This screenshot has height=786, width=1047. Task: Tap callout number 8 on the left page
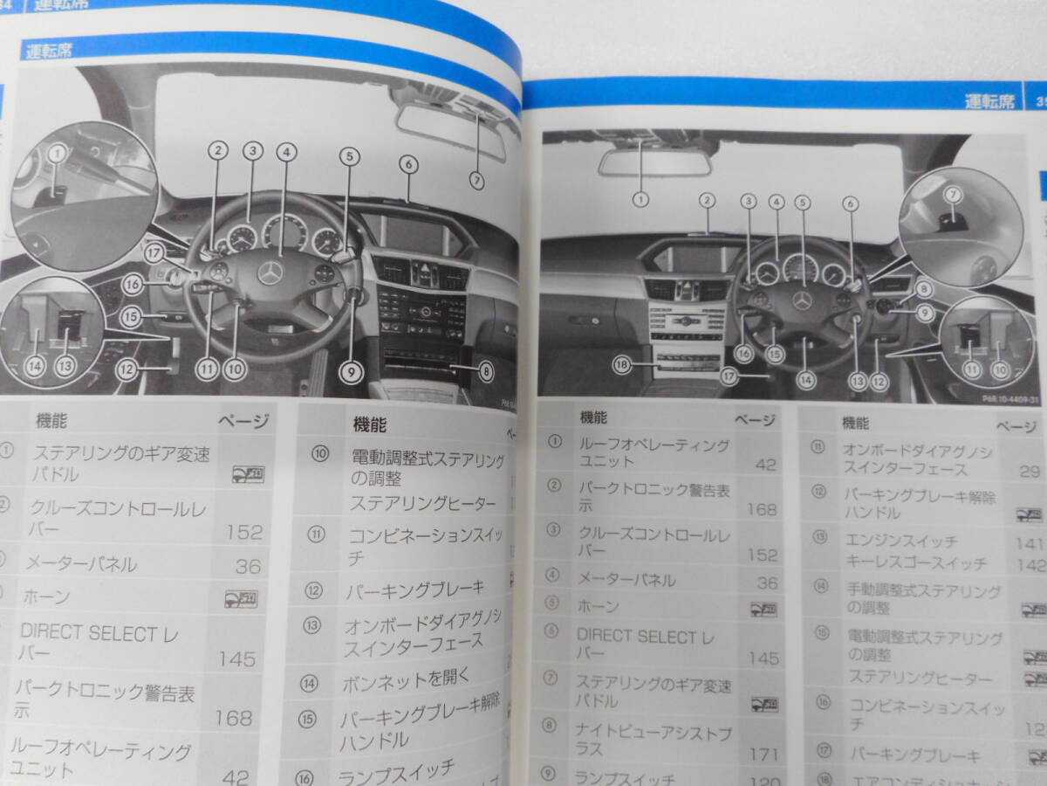485,371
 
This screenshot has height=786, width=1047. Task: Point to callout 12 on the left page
127,369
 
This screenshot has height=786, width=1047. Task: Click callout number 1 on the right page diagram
641,199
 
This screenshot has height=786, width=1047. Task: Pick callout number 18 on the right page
621,366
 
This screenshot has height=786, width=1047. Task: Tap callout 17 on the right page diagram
729,376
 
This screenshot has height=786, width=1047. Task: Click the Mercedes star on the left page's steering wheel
270,273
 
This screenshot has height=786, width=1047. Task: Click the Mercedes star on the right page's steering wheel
802,300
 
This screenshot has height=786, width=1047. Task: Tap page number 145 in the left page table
237,658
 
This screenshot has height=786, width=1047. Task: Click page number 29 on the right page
1030,472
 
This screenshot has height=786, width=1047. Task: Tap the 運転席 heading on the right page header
989,101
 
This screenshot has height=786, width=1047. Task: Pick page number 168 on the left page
233,718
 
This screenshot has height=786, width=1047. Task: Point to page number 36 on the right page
767,583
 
